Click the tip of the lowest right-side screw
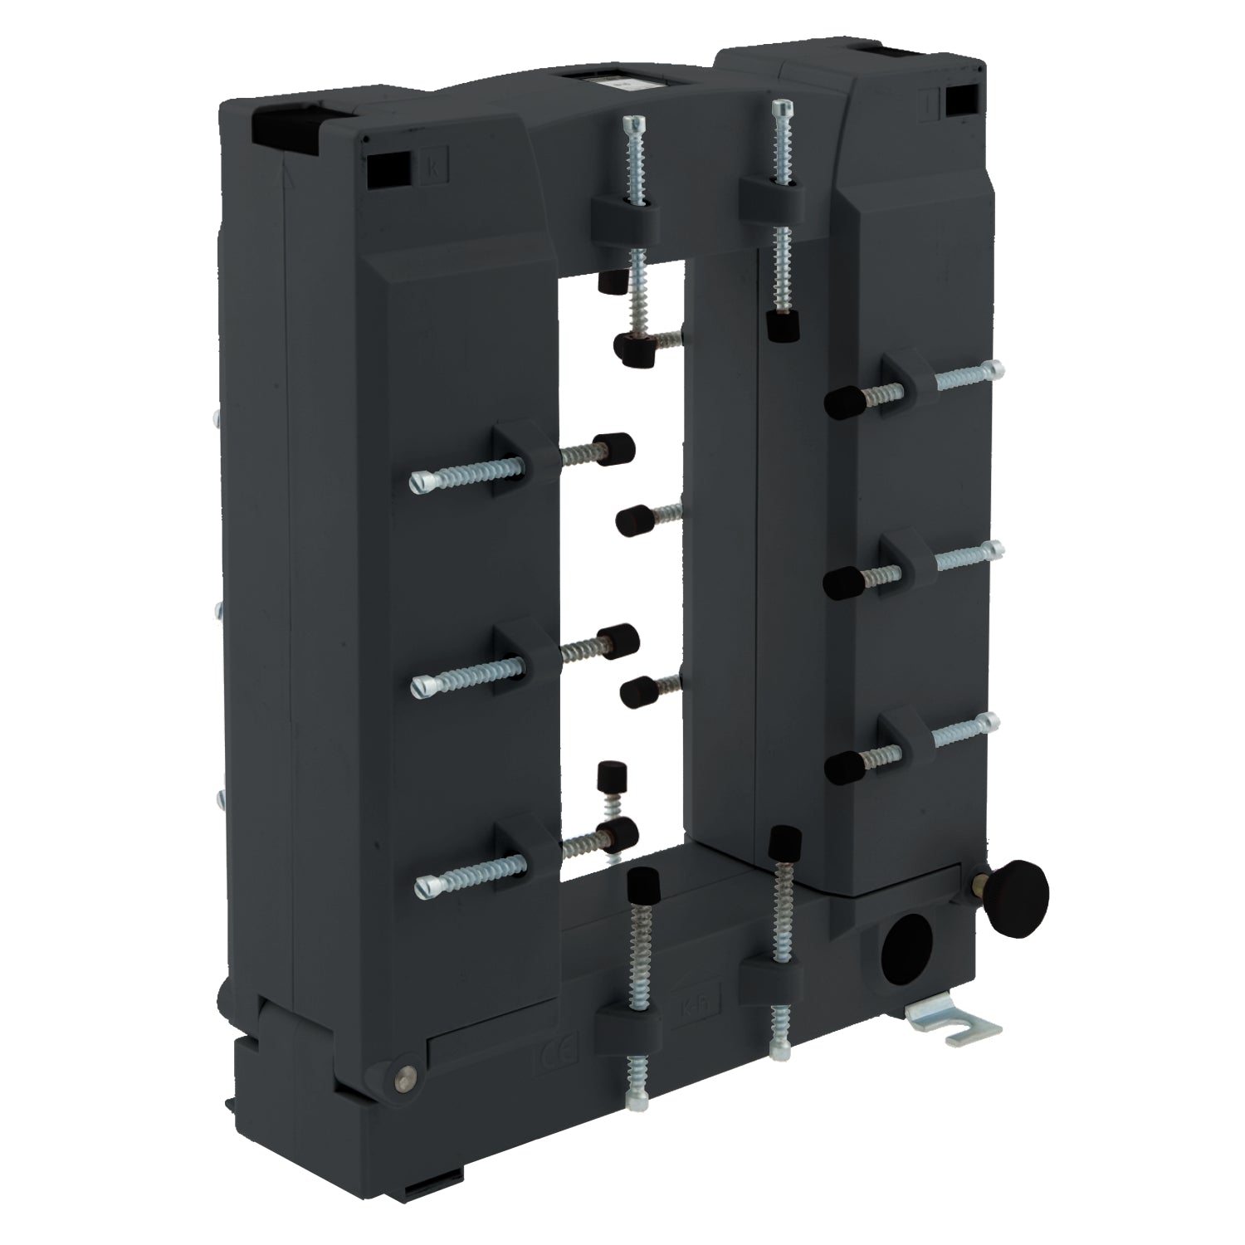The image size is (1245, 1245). [993, 720]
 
